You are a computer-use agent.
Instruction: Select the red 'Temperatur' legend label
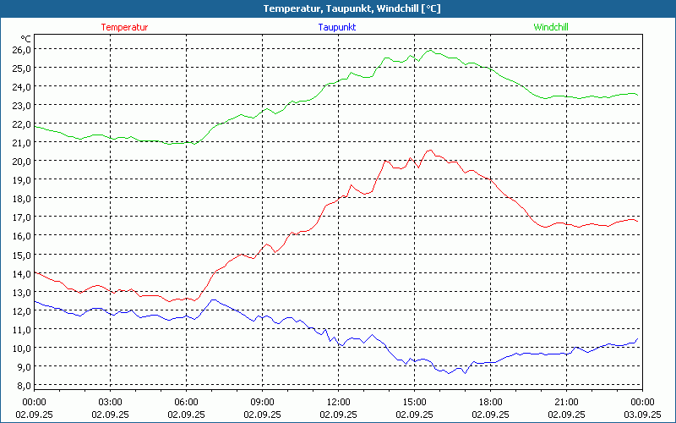click(x=124, y=27)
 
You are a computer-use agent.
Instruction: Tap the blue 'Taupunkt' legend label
click(x=337, y=27)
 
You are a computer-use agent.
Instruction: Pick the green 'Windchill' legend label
click(x=551, y=27)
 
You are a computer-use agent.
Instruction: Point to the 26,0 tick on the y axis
click(x=21, y=49)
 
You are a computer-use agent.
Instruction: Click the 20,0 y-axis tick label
click(x=21, y=161)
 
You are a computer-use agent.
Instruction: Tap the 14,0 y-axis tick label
click(x=21, y=273)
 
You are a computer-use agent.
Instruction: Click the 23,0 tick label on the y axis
click(x=21, y=105)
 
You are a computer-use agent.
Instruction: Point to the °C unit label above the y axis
click(x=26, y=38)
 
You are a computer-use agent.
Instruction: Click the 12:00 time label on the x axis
click(x=338, y=402)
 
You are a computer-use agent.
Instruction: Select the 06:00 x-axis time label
click(x=186, y=402)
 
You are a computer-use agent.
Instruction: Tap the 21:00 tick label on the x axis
click(x=566, y=402)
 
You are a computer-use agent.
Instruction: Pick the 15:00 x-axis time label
click(x=414, y=402)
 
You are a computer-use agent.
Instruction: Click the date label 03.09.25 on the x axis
click(x=642, y=414)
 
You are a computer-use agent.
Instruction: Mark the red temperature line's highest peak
click(x=430, y=151)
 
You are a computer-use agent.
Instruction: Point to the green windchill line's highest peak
click(x=430, y=50)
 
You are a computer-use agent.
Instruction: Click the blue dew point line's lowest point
click(x=464, y=373)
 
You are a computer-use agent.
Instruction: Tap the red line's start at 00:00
click(x=35, y=272)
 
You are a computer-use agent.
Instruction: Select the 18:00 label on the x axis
click(x=490, y=402)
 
